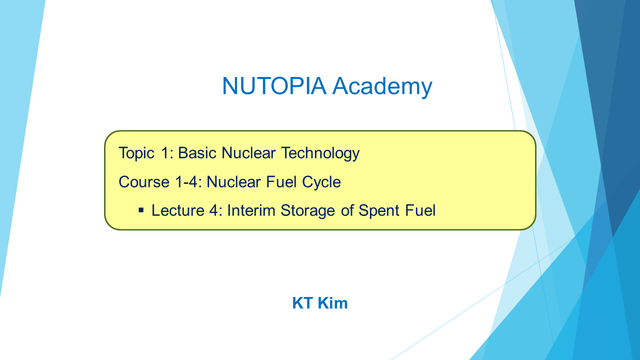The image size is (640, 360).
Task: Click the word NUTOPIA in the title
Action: (x=274, y=85)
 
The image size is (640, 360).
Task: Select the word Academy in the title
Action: (x=382, y=87)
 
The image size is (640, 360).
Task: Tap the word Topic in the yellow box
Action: (x=136, y=153)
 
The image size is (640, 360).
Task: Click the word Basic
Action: (x=197, y=152)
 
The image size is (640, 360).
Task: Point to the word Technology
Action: (x=320, y=153)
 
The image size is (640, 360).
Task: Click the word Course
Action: (x=144, y=181)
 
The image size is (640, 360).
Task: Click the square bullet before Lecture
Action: (x=141, y=211)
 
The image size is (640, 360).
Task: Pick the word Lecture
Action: (x=177, y=210)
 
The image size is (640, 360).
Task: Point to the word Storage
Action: (x=307, y=211)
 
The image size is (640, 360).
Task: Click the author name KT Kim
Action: (x=319, y=303)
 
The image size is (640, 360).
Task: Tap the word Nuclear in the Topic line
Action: (x=248, y=152)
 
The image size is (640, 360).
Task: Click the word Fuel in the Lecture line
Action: (x=420, y=210)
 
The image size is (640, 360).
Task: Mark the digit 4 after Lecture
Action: (x=213, y=210)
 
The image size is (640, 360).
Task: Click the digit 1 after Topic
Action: (x=165, y=152)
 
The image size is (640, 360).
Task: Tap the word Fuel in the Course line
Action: (x=281, y=181)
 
